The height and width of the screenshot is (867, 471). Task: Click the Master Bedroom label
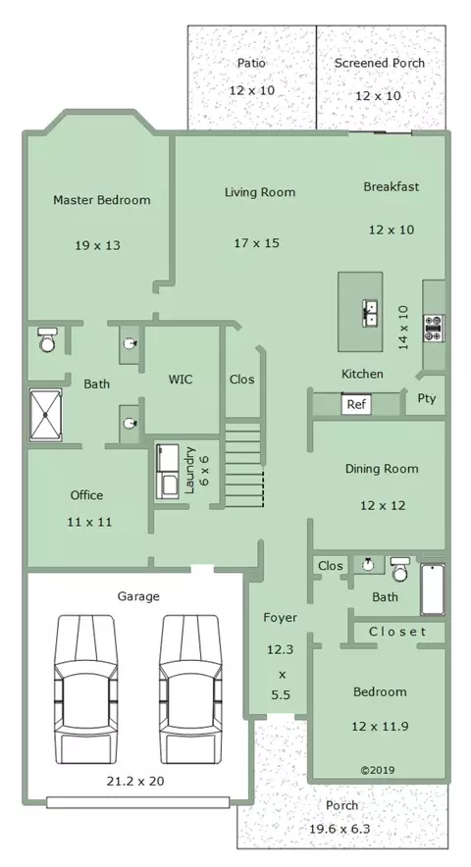[x=102, y=200]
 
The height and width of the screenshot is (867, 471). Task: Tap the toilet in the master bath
[x=48, y=339]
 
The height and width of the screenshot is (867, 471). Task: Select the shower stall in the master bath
[x=45, y=414]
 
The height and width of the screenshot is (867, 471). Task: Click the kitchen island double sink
[x=370, y=314]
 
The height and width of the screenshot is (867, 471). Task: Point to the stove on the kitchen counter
[x=434, y=328]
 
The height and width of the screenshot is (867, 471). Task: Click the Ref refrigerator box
[x=356, y=404]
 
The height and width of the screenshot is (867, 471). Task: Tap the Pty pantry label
[x=427, y=398]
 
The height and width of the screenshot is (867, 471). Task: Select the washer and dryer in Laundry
[x=167, y=472]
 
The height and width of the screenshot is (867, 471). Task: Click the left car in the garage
[x=85, y=689]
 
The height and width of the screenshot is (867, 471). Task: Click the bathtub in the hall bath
[x=433, y=589]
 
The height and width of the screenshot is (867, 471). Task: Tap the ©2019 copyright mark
[x=378, y=770]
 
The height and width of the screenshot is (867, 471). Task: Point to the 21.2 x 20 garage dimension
[x=135, y=781]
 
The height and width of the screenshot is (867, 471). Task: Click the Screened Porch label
[x=379, y=63]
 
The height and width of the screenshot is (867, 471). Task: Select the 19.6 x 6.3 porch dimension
[x=340, y=829]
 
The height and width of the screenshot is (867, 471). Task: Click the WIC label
[x=181, y=380]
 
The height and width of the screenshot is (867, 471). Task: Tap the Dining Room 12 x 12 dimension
[x=383, y=505]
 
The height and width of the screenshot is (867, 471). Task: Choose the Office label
[x=86, y=495]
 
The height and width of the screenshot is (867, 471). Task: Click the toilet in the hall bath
[x=400, y=570]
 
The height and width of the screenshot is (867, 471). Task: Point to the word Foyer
[x=280, y=618]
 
